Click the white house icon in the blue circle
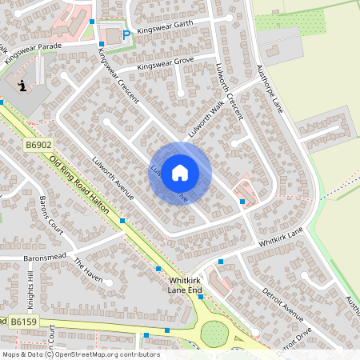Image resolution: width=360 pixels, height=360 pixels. coord(180,172)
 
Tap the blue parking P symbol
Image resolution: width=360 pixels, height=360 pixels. coord(126,34)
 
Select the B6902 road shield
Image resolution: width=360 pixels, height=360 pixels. coord(38,146)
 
